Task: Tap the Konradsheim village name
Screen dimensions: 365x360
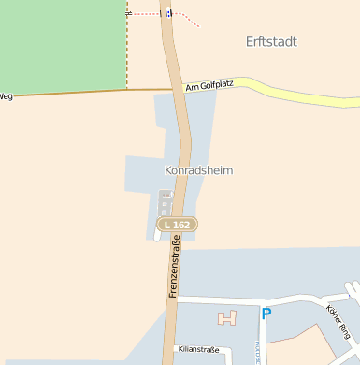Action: coord(198,170)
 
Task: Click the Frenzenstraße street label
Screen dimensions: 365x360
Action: coord(175,268)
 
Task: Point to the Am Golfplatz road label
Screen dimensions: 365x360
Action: coord(209,85)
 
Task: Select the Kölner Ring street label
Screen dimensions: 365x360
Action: coord(338,321)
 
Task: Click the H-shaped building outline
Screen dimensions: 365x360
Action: coord(227,317)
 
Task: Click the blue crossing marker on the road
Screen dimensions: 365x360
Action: coord(168,13)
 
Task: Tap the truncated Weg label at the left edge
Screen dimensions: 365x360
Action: coord(6,95)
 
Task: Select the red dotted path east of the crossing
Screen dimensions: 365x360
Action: coord(188,19)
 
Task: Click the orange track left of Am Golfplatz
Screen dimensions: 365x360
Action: coord(84,93)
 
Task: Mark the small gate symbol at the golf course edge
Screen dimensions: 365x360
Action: coord(127,13)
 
